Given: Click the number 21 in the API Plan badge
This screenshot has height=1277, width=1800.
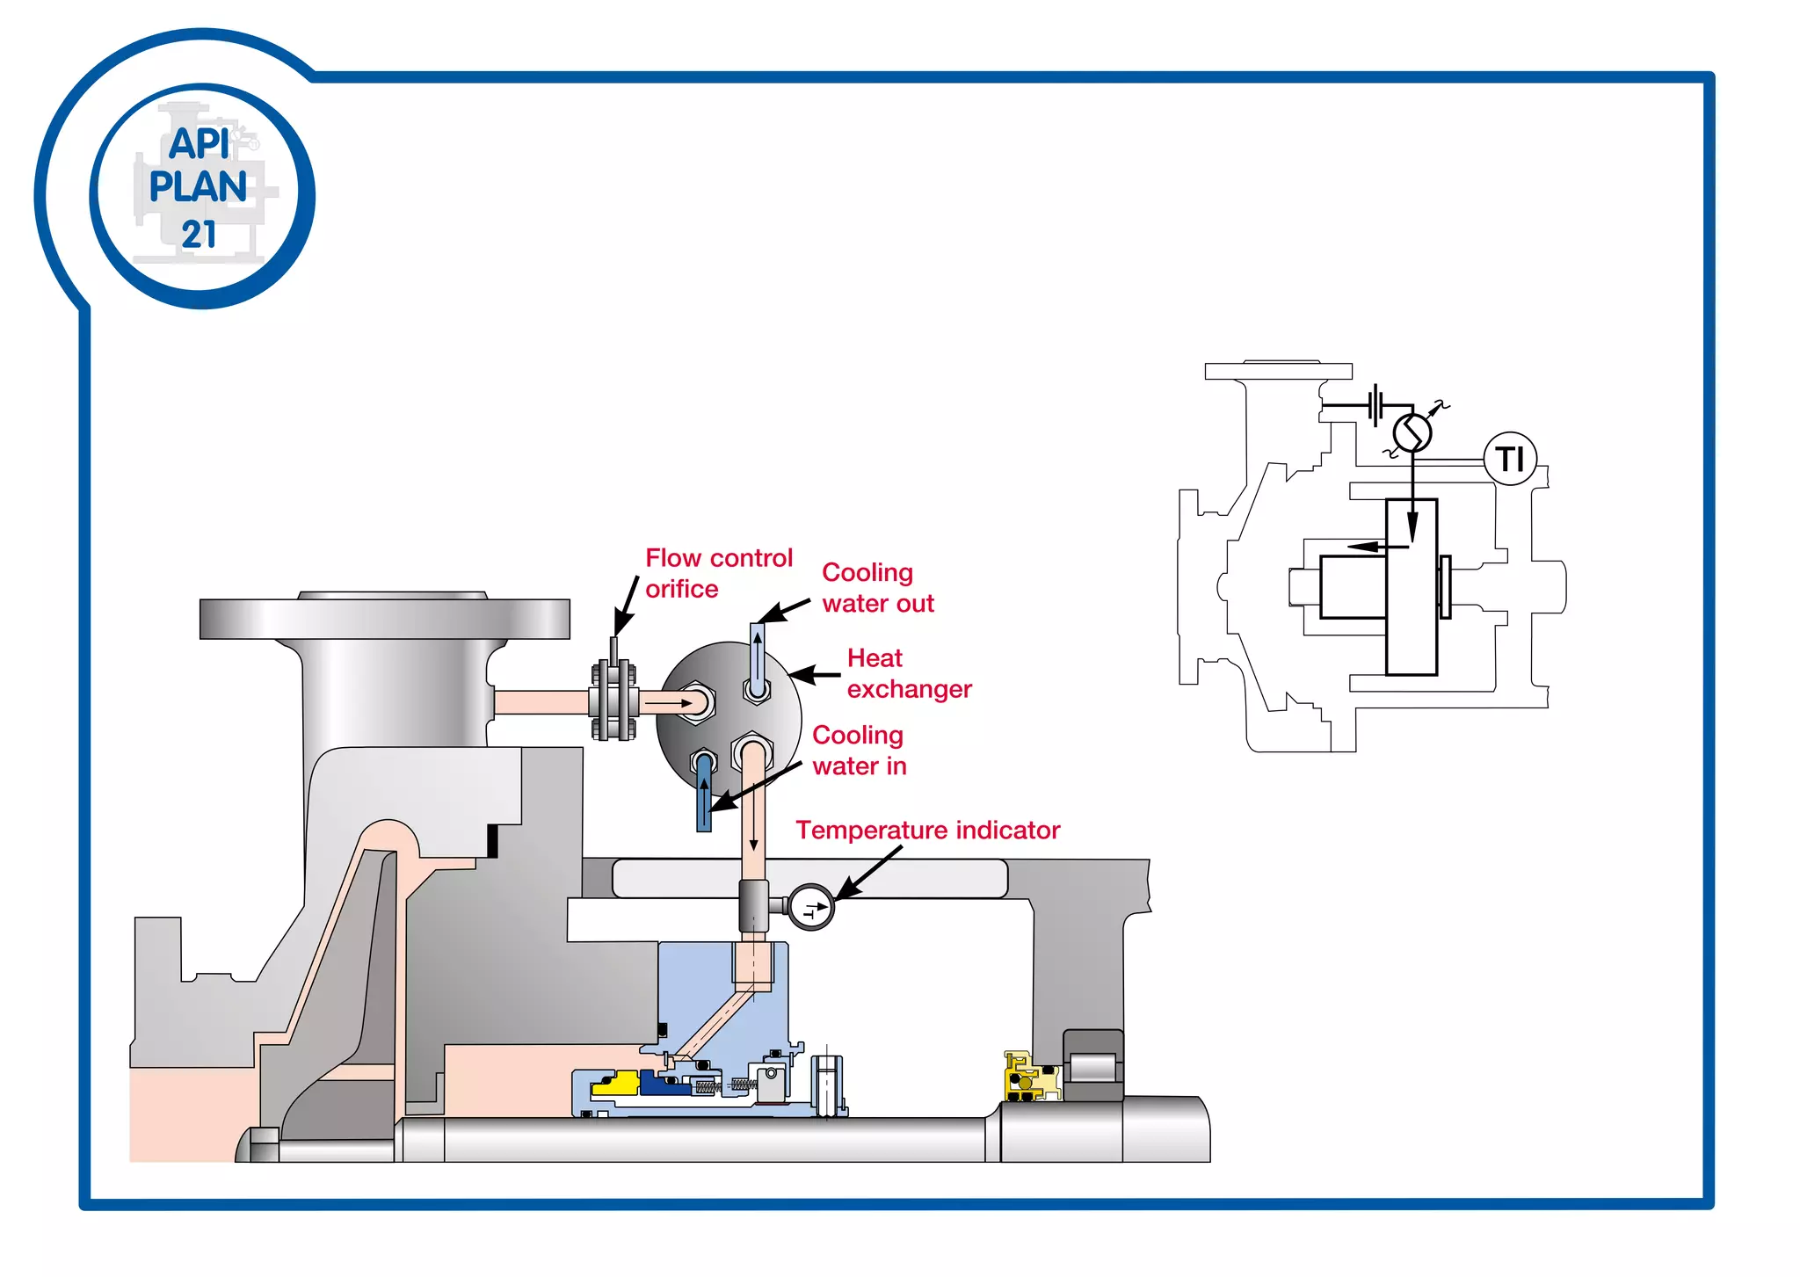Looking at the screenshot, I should pyautogui.click(x=199, y=235).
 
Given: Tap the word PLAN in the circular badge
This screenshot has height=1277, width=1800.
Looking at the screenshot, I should pyautogui.click(x=198, y=187).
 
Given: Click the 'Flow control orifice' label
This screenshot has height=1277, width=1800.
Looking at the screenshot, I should pyautogui.click(x=718, y=573).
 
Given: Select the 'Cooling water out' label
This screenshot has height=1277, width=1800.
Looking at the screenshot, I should pyautogui.click(x=877, y=588).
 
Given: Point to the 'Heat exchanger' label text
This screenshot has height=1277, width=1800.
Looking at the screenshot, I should pyautogui.click(x=909, y=673).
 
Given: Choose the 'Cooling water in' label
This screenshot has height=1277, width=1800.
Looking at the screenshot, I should pyautogui.click(x=859, y=751).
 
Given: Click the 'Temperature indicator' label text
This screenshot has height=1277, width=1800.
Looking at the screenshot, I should pyautogui.click(x=927, y=831).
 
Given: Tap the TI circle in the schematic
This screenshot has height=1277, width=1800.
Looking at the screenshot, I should pyautogui.click(x=1510, y=459).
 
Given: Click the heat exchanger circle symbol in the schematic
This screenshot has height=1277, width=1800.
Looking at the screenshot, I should pyautogui.click(x=1412, y=432).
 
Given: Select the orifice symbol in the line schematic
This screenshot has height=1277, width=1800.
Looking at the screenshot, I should pyautogui.click(x=1377, y=405).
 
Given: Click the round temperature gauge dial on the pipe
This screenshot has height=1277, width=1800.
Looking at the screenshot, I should pyautogui.click(x=811, y=907).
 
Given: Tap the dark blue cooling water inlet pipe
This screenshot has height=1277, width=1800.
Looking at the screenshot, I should pyautogui.click(x=704, y=795).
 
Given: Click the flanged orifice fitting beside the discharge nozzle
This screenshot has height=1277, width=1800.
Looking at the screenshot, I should pyautogui.click(x=613, y=701).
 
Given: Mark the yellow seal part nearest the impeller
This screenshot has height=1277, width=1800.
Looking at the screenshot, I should pyautogui.click(x=616, y=1084).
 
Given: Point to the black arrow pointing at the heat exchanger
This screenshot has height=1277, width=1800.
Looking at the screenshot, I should pyautogui.click(x=815, y=675).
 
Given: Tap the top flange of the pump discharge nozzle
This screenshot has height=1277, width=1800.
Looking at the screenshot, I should pyautogui.click(x=384, y=618).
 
